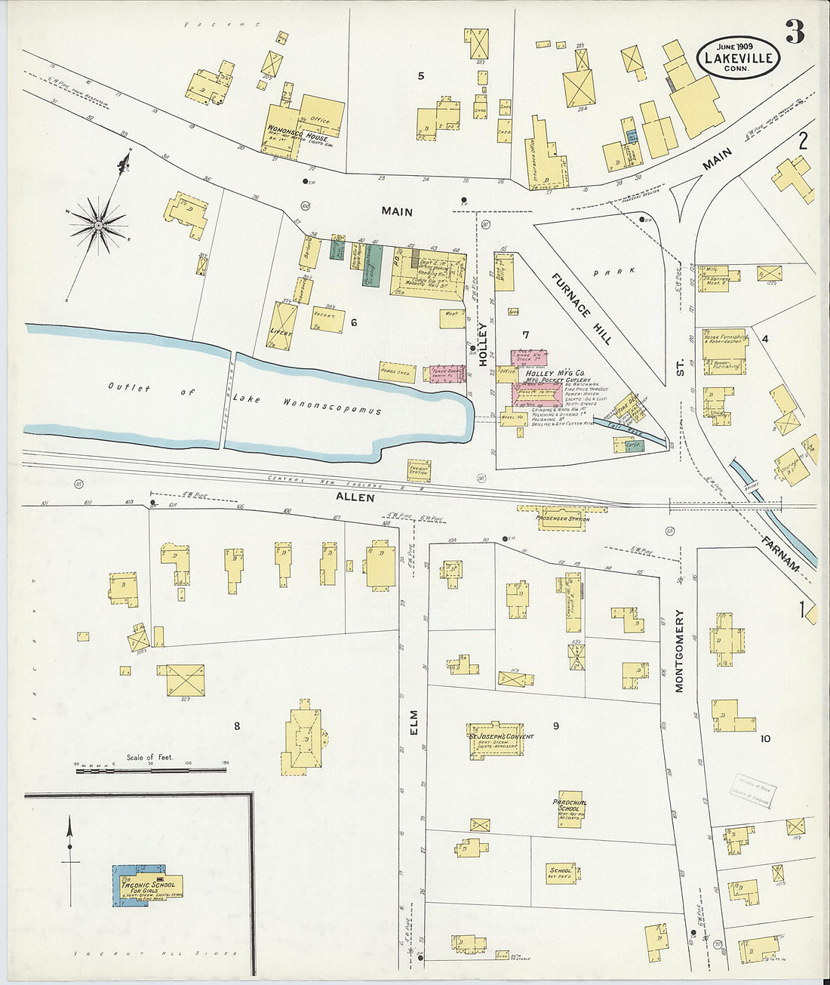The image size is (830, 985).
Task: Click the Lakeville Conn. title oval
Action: tap(738, 57)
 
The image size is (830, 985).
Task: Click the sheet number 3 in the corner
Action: tap(795, 32)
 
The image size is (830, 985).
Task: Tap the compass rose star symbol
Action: tap(98, 224)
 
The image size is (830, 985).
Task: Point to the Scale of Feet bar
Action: tap(151, 770)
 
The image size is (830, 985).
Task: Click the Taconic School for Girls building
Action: tap(149, 886)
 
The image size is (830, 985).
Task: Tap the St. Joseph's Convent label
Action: tap(500, 736)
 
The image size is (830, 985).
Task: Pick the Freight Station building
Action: tap(419, 469)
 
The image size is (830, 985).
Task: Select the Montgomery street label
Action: tap(678, 651)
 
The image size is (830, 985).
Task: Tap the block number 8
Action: tap(236, 726)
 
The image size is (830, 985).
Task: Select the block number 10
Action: tap(765, 738)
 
